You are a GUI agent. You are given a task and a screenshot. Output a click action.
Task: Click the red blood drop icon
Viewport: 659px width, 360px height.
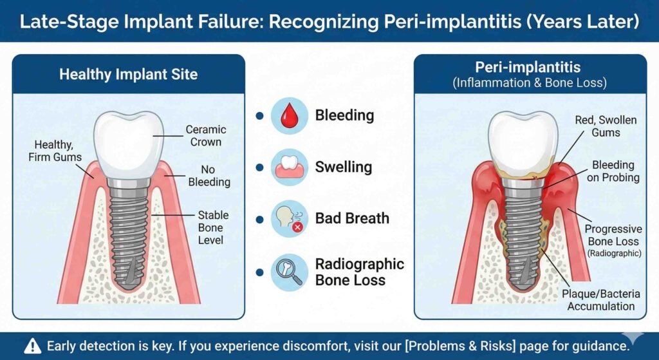289,116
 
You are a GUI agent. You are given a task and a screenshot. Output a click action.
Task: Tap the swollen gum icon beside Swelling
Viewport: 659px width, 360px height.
289,167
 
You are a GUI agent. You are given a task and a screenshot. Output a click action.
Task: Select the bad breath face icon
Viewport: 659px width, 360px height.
289,219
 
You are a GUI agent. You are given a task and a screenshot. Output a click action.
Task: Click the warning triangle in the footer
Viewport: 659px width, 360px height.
33,346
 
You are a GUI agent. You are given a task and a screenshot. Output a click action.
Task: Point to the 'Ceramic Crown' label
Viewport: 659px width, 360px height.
206,136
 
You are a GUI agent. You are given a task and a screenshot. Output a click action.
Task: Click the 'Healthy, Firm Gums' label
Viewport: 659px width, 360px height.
55,151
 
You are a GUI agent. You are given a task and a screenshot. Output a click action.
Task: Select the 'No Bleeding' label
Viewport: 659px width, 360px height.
209,176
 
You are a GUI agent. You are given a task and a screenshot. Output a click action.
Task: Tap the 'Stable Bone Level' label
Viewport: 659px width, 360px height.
214,227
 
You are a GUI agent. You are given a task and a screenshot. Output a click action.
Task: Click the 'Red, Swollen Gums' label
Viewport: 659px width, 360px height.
606,126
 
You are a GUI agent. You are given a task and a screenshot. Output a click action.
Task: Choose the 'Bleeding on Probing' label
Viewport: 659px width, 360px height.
613,171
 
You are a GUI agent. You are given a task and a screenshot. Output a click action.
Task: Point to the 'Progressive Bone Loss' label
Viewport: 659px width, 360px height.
613,241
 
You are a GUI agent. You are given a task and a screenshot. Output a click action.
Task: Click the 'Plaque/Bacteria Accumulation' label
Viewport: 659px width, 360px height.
601,300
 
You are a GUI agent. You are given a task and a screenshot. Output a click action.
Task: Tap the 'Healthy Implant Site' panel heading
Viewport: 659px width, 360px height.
129,75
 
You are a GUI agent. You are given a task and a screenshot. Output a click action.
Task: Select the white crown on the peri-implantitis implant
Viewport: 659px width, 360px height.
523,143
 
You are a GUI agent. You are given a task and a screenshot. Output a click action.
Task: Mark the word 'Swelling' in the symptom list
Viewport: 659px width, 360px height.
344,167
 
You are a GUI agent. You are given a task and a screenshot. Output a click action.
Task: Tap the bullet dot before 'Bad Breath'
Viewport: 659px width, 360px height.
260,219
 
